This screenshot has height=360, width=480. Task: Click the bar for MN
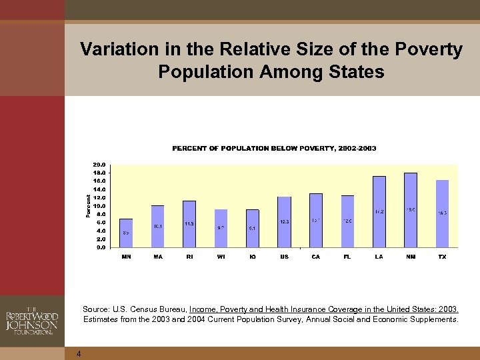[x=126, y=233]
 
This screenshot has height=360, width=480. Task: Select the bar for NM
[x=411, y=210]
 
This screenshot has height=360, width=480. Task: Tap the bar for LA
[x=379, y=211]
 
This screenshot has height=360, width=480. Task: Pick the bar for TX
[x=442, y=213]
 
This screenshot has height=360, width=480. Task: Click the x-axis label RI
[x=189, y=257]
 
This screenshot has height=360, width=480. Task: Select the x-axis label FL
[x=347, y=257]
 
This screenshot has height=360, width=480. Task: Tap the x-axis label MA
[x=157, y=257]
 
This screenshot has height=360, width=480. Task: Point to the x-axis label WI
[x=221, y=257]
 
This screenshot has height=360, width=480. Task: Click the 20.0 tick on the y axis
[x=99, y=165]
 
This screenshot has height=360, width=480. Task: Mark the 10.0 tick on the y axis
[x=99, y=206]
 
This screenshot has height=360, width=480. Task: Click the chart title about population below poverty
[x=274, y=148]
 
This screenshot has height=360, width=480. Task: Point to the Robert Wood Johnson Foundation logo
[x=32, y=319]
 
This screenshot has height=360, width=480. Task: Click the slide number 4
[x=79, y=353]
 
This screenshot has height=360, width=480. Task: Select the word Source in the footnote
[x=96, y=309]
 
